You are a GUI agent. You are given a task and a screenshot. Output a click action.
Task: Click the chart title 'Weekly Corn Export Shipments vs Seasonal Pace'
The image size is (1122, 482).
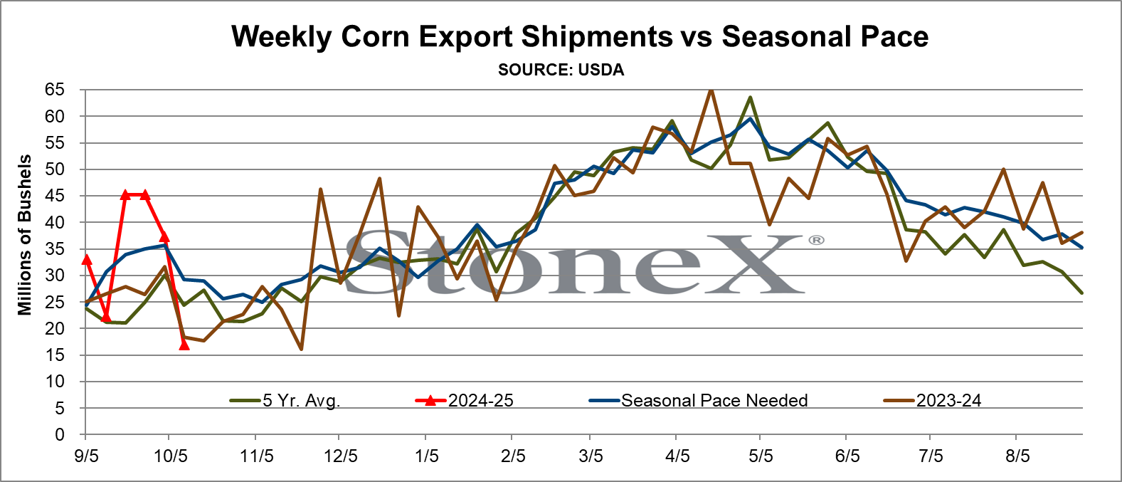coord(580,36)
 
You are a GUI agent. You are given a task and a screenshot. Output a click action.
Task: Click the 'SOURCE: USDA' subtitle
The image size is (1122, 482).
coord(561,70)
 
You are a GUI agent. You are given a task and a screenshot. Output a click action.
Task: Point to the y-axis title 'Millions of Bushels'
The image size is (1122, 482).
coord(24,235)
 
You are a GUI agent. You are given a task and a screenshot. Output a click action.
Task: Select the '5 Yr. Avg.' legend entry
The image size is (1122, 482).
coord(285,400)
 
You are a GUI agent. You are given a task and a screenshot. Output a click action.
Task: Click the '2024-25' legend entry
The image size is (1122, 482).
coord(465,400)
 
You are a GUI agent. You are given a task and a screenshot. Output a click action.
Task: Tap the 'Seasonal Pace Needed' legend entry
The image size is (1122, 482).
coord(699,400)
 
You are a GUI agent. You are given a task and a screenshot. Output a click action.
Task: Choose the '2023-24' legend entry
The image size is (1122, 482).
coord(932,400)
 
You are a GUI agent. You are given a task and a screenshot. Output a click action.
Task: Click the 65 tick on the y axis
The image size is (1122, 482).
coord(55,90)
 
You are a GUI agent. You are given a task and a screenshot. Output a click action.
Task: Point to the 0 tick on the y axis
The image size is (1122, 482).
coord(60,434)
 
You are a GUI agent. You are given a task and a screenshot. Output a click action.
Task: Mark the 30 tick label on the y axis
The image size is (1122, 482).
coord(55,275)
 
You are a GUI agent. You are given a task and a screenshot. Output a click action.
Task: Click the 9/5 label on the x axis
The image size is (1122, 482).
coord(85,456)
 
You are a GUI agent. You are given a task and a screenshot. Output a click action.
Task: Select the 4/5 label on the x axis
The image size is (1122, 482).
coord(677,456)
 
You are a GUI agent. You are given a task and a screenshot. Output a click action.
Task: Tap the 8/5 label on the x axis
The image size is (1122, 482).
coord(1017,456)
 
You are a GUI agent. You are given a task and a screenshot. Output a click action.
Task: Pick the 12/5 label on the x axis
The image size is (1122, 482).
coord(341,456)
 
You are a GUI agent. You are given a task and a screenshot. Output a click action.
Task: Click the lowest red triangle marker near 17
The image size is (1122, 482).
coord(184,345)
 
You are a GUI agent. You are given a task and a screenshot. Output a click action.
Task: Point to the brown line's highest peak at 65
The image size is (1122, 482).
coord(710,90)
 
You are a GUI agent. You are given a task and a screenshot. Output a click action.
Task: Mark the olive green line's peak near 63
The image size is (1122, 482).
coord(750,98)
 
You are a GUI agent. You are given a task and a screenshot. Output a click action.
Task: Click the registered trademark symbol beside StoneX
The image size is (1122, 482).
coord(816,241)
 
